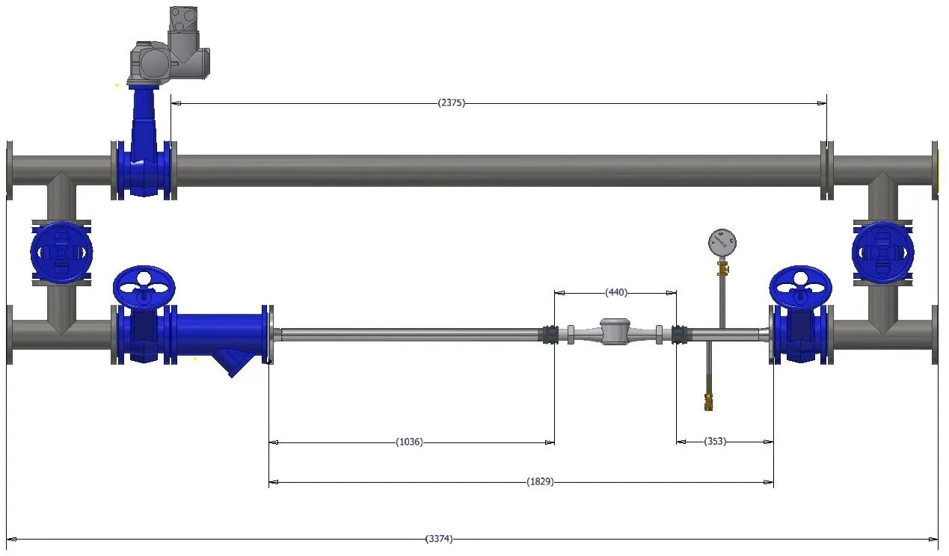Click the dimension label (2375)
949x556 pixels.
[451, 103]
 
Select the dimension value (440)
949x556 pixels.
[616, 292]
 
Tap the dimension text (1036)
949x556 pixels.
[409, 442]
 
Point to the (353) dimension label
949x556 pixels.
[715, 441]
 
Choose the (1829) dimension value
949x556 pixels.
[540, 481]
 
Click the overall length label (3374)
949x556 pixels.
[439, 539]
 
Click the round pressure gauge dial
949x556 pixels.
[722, 243]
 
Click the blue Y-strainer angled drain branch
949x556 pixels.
[234, 361]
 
